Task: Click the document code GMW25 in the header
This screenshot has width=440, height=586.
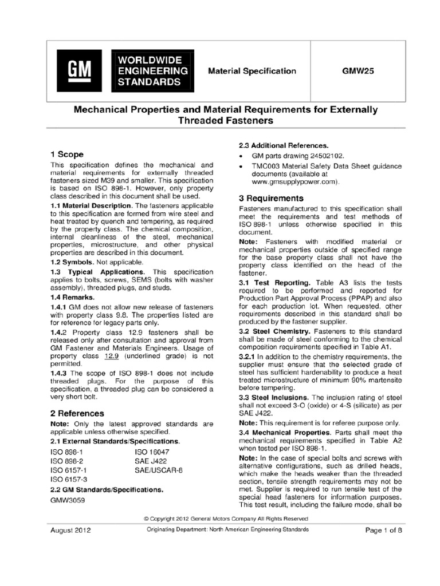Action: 358,72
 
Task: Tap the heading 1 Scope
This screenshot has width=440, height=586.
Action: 67,154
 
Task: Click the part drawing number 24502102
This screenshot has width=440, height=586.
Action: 320,156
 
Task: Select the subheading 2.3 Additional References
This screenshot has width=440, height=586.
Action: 278,145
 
